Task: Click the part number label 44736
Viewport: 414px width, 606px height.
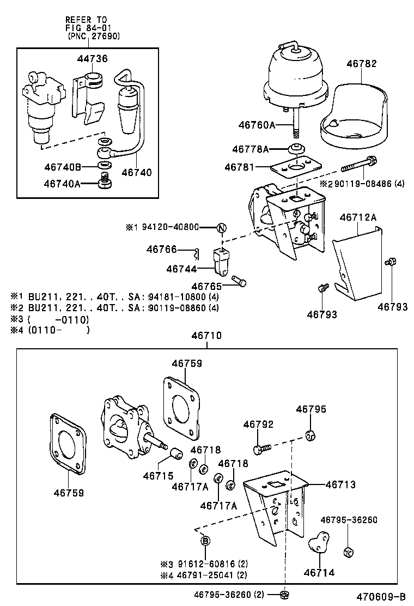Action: click(95, 59)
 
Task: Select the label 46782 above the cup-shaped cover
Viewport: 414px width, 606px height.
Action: click(362, 64)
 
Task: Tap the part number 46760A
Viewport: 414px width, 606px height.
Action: click(257, 125)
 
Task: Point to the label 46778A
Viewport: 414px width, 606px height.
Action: click(251, 149)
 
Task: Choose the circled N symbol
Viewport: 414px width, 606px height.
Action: click(222, 228)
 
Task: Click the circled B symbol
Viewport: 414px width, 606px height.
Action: click(205, 541)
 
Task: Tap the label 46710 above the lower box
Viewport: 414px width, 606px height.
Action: click(206, 336)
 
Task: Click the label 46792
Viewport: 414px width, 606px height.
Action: click(258, 425)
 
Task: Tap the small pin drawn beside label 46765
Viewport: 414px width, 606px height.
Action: click(239, 281)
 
